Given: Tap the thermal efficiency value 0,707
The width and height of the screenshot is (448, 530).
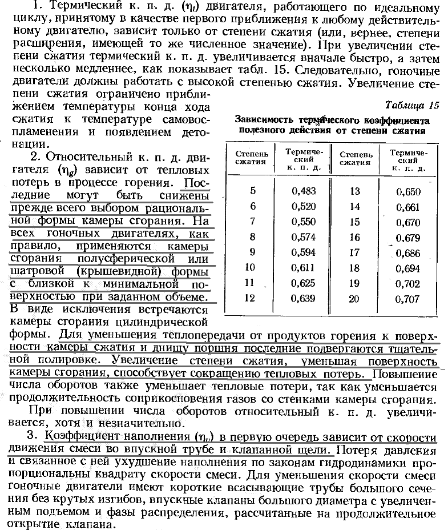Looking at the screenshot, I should [408, 299].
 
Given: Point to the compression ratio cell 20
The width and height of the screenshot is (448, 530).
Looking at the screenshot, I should [354, 299].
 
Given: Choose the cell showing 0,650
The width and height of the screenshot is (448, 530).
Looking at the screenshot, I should [408, 191].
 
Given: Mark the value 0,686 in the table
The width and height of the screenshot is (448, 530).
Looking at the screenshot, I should [408, 252].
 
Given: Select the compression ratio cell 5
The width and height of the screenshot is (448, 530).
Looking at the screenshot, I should [252, 191].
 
